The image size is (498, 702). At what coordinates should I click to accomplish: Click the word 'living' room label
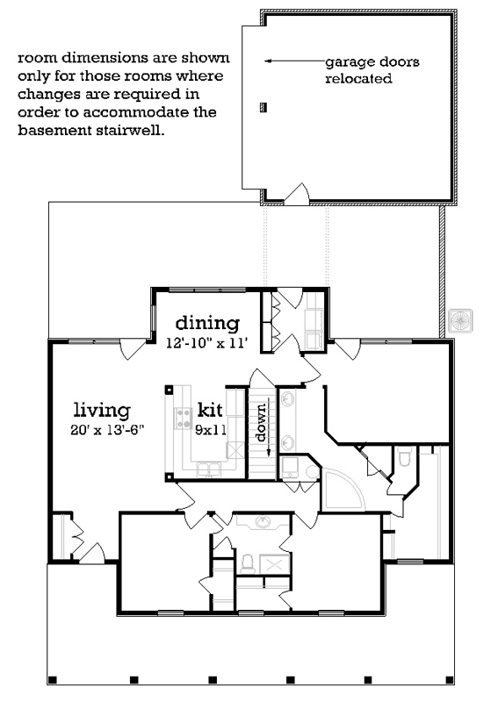tap(102, 409)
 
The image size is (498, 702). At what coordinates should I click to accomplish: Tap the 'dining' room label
tap(206, 321)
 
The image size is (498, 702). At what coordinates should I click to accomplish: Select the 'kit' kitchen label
tap(210, 410)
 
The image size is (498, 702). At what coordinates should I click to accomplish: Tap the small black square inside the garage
tap(263, 108)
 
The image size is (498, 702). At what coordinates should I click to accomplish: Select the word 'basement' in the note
tap(52, 131)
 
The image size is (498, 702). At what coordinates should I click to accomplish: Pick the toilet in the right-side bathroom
tap(404, 456)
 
